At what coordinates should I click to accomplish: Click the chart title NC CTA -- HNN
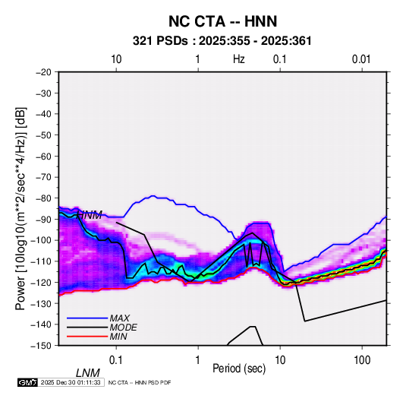coord(222,21)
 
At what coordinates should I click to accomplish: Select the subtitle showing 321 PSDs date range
coord(222,41)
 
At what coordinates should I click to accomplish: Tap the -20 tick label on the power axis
coord(43,72)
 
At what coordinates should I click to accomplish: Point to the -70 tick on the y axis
coord(43,177)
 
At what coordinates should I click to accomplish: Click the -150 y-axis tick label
coord(41,346)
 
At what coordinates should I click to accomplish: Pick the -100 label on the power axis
coord(41,240)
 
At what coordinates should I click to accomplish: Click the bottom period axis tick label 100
coord(362,360)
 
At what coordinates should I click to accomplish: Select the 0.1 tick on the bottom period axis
coord(116,360)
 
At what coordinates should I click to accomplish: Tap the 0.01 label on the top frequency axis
coord(361,59)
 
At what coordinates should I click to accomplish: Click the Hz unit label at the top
coord(239,59)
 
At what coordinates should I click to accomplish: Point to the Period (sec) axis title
coord(239,369)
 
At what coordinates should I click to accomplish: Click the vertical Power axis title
coord(20,208)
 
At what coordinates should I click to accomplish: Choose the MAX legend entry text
coord(120,318)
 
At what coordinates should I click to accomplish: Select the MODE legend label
coord(123,328)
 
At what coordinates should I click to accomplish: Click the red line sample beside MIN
coord(87,337)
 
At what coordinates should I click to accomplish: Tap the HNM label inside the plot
coord(90,215)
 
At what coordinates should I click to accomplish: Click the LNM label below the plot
coord(88,373)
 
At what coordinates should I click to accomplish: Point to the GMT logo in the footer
coord(27,382)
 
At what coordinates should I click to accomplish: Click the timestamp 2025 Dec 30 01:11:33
coord(71,382)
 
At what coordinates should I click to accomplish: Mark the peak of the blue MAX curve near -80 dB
coord(153,196)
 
